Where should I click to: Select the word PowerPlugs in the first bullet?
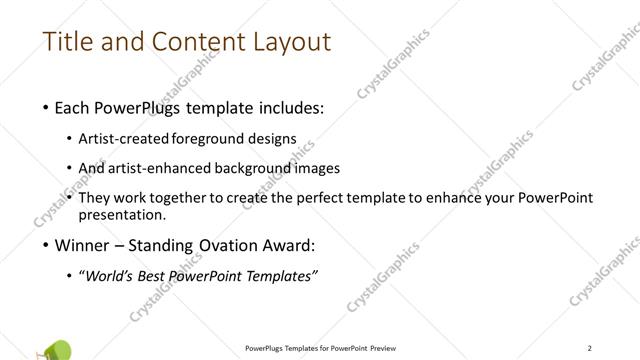(137, 108)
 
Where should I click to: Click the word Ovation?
(226, 244)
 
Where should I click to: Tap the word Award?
(290, 244)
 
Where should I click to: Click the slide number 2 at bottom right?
(590, 347)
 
